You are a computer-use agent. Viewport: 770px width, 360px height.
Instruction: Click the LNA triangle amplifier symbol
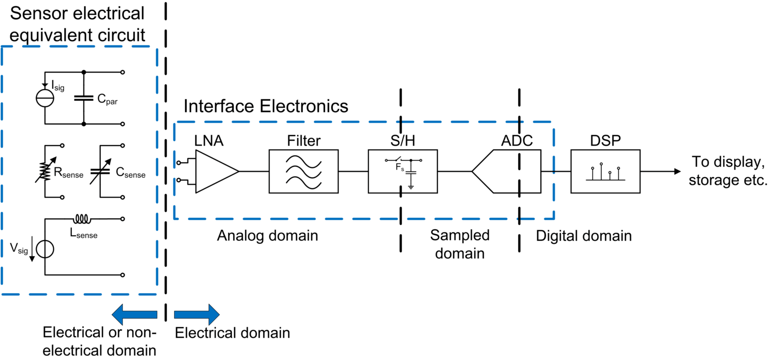coord(214,171)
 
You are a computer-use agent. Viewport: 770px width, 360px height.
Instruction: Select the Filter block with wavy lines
coord(303,171)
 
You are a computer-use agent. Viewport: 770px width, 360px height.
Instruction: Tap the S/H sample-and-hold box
coord(403,171)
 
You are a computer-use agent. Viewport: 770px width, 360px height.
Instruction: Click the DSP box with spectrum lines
coord(605,171)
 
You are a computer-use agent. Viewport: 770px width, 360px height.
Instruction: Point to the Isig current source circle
coord(45,98)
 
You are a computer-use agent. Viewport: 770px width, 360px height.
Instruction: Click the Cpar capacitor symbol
coord(84,98)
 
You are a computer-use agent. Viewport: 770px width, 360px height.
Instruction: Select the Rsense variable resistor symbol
coord(45,171)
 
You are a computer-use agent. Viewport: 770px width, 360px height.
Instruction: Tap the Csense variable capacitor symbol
coord(100,171)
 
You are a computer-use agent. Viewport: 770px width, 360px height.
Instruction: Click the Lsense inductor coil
coord(82,219)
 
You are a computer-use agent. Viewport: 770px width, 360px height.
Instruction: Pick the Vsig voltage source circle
coord(45,249)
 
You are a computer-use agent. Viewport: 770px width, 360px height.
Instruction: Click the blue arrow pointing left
coord(134,315)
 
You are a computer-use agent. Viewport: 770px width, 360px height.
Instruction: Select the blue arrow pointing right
coord(197,315)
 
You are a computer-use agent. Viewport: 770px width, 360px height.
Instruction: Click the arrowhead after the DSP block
coord(677,171)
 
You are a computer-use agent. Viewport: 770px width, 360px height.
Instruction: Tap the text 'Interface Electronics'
coord(266,106)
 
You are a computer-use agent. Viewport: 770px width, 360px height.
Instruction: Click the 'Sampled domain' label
coord(460,244)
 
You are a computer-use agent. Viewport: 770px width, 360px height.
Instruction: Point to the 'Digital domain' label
coord(584,236)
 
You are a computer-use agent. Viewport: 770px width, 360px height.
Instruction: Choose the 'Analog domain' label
coord(268,236)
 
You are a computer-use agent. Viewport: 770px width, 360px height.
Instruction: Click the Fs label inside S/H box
coord(400,167)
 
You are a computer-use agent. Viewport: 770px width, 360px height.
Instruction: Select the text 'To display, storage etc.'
coord(728,171)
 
